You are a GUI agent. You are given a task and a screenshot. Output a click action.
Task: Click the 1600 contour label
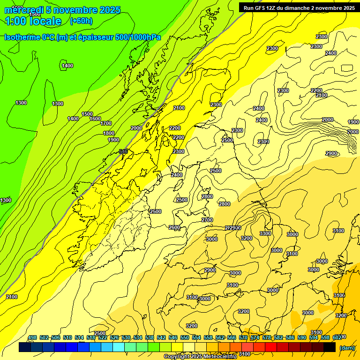pos(95,119)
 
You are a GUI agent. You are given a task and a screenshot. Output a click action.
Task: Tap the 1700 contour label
pos(106,123)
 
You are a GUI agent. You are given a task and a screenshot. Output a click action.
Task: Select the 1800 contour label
pos(109,133)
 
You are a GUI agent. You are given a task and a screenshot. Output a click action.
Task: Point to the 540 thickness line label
pos(123,151)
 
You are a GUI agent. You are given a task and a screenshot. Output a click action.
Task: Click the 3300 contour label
pos(265,233)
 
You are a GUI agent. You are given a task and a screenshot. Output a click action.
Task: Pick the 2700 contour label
pos(207,220)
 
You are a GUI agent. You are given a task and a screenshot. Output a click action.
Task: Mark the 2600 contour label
pos(174,227)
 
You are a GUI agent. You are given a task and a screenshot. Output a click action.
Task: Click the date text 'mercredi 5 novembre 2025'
pos(62,10)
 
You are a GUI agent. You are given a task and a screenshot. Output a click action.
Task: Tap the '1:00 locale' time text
pos(33,21)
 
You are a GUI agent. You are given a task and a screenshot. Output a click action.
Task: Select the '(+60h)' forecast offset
pos(81,21)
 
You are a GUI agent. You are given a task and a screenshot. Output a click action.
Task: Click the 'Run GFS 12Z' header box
pos(299,7)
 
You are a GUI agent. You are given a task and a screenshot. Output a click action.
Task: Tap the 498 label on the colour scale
pos(32,337)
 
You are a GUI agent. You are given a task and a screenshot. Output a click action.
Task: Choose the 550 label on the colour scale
pos(185,337)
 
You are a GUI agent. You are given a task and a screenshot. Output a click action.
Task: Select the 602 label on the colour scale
pos(337,337)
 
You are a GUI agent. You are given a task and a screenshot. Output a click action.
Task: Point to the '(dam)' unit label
pos(347,347)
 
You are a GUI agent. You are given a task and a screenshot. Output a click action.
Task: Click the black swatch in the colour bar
pos(330,347)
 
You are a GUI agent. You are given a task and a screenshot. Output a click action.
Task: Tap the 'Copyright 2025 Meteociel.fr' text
pos(200,357)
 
